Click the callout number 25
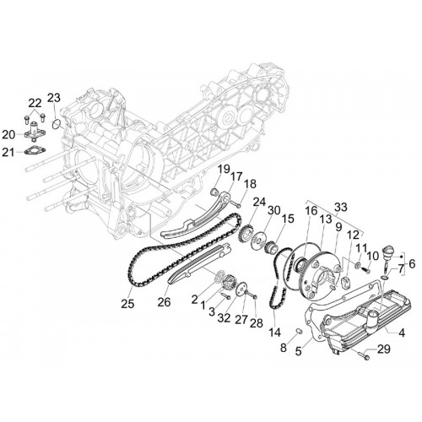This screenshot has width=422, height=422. click(x=127, y=304)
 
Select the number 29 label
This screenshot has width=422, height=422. click(x=384, y=349)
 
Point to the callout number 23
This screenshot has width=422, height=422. click(x=54, y=98)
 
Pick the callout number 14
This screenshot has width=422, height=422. click(x=274, y=333)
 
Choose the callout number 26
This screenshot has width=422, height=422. click(x=164, y=302)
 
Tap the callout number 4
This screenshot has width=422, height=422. click(x=402, y=333)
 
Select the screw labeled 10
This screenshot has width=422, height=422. click(x=365, y=270)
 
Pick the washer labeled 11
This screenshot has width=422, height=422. click(x=359, y=264)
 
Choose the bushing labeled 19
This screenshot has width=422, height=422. click(x=215, y=192)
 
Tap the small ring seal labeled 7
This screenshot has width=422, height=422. click(x=385, y=278)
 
